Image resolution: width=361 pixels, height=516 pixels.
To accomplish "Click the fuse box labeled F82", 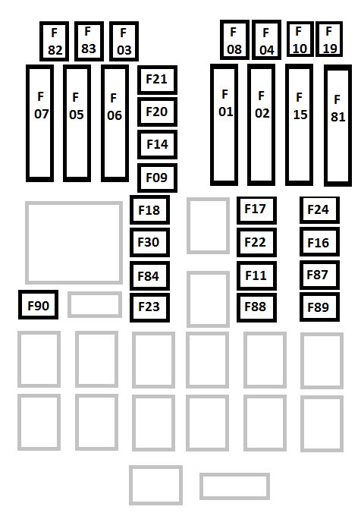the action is [55, 42].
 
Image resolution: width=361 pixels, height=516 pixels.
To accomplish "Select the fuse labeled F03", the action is [124, 42].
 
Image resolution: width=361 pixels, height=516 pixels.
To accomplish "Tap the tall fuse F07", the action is [39, 123].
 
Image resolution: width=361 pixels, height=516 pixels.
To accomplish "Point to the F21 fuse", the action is [157, 80].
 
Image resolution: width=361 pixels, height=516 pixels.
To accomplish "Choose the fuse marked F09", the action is [157, 178].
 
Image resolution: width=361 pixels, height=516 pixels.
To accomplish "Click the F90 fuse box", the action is [38, 305].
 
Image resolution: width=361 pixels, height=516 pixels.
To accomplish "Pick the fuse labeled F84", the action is [149, 275].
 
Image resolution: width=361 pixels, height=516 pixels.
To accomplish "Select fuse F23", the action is [149, 307].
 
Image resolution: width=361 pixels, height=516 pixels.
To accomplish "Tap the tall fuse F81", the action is [337, 125].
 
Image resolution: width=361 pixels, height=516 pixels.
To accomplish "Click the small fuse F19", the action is [329, 39].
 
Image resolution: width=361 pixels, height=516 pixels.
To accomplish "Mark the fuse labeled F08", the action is [234, 39].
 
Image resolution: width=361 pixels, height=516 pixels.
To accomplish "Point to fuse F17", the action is [256, 210].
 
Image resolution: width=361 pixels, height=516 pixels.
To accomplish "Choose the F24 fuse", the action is [319, 210].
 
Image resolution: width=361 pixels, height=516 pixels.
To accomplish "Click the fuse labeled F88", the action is [256, 307].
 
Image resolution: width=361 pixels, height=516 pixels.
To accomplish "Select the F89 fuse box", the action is [319, 307].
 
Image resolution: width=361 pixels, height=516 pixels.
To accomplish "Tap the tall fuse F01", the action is [224, 124].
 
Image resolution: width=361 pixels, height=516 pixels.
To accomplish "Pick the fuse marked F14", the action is [157, 145].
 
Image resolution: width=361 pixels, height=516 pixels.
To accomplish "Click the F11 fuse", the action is [256, 275].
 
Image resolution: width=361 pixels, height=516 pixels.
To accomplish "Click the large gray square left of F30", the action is [27, 243].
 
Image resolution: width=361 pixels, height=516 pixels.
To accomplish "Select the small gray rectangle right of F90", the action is [95, 293].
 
